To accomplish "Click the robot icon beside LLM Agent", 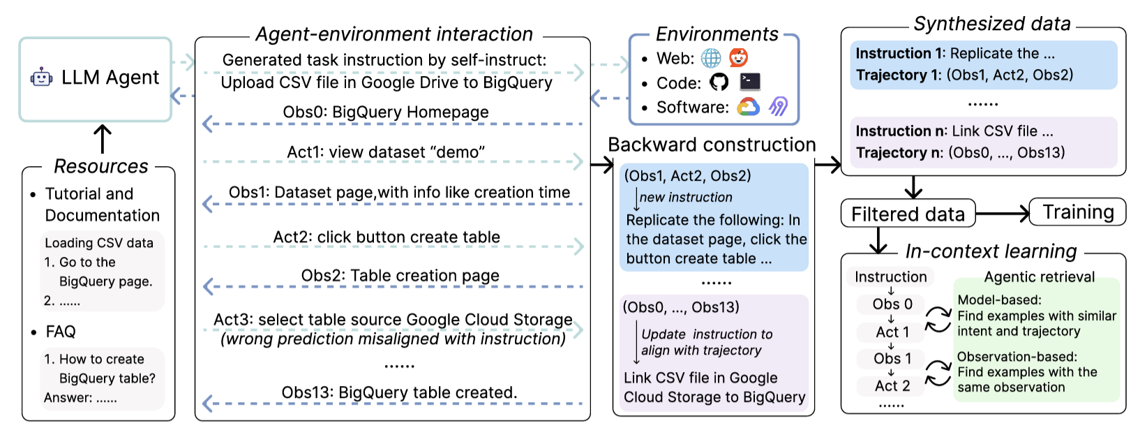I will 41,77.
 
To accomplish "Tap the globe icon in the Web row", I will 711,58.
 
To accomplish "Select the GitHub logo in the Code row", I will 719,82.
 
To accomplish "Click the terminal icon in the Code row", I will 750,82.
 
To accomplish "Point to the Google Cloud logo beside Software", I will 748,107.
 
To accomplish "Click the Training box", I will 1078,212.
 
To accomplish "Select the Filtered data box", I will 908,214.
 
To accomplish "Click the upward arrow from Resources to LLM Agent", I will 103,139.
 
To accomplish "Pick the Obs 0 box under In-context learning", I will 892,304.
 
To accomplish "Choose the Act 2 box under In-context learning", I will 892,386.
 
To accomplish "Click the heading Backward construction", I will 712,145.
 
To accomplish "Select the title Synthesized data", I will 991,24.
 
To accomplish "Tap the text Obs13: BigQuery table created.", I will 399,393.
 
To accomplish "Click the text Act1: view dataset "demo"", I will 386,152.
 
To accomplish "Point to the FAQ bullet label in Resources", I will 60,332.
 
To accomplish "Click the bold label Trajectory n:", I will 899,153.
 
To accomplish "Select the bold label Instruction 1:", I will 900,54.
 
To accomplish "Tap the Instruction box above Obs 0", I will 890,277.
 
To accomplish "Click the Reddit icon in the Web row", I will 738,58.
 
